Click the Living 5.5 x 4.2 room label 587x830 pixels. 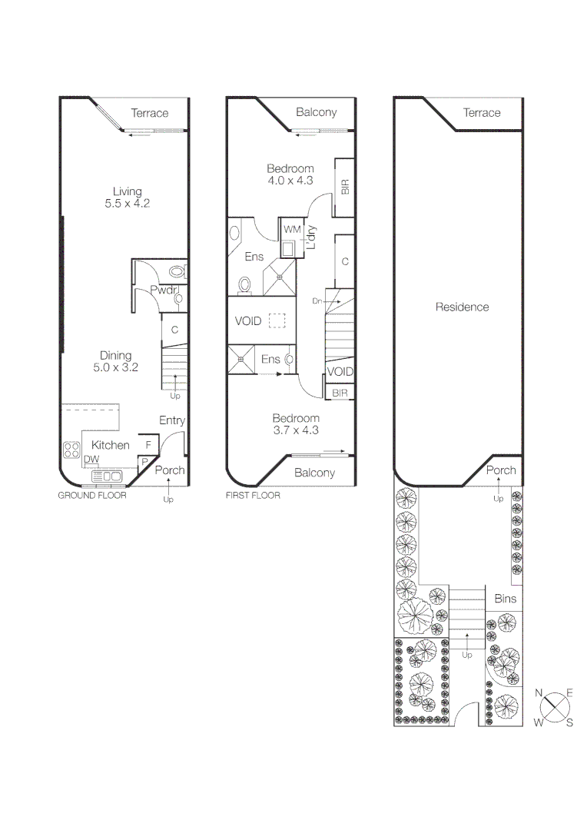pos(127,198)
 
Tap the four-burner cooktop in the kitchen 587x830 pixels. pos(71,450)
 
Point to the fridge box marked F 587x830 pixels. pos(148,445)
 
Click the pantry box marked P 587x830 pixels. pos(144,461)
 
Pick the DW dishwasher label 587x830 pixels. pos(91,460)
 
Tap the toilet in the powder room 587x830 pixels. pos(177,271)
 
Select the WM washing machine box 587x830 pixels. pos(291,230)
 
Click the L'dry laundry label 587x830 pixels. pos(311,237)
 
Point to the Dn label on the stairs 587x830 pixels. pos(317,300)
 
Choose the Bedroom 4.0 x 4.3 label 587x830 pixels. pos(290,174)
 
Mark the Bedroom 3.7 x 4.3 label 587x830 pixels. pos(295,424)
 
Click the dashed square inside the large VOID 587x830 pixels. pos(277,320)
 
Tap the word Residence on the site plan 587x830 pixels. pos(462,307)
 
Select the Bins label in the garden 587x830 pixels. pos(505,599)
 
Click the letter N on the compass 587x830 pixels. pos(539,693)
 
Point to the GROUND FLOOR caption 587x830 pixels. pos(92,496)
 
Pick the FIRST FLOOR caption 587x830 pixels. pos(253,496)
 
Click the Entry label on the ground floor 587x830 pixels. pos(172,420)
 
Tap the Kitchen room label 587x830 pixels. pos(111,445)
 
